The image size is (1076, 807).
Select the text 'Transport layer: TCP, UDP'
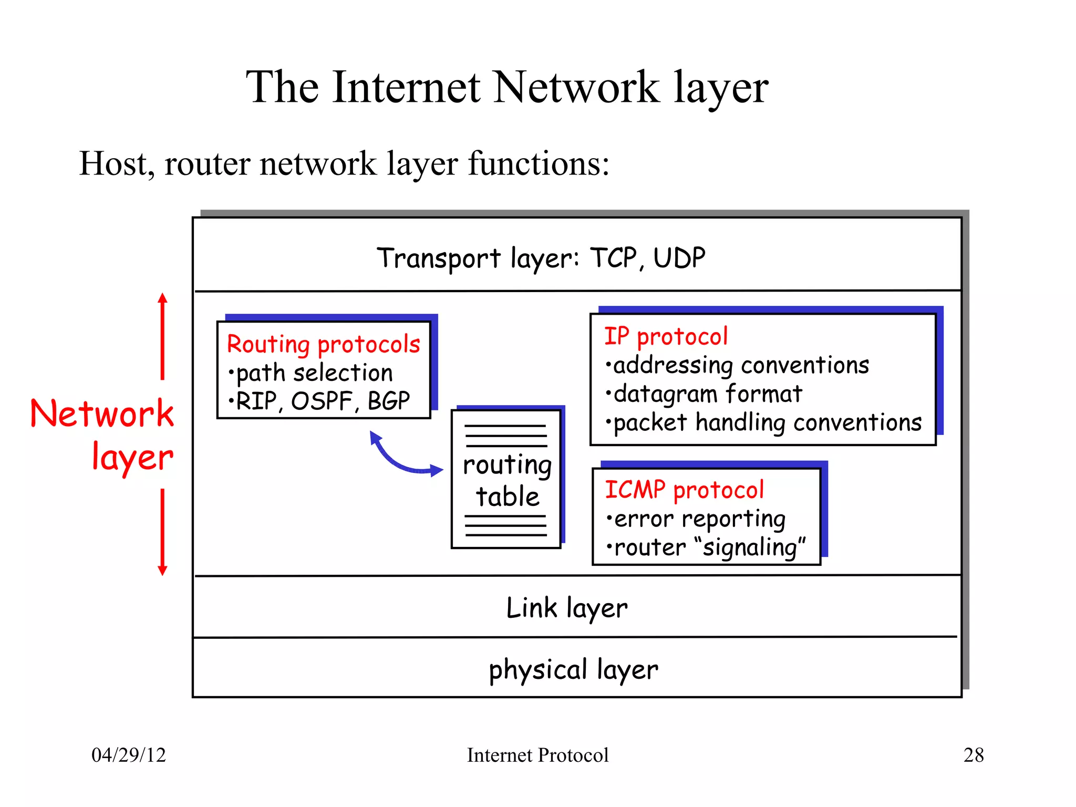pyautogui.click(x=541, y=258)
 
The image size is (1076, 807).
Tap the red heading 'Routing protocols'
pyautogui.click(x=323, y=345)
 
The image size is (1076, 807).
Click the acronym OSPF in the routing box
pyautogui.click(x=321, y=401)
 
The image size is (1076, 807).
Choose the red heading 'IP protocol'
pyautogui.click(x=666, y=337)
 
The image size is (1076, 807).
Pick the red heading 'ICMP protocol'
pyautogui.click(x=684, y=490)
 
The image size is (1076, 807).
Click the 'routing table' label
pyautogui.click(x=507, y=481)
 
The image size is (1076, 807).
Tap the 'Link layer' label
pyautogui.click(x=566, y=608)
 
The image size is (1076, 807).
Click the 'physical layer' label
pyautogui.click(x=573, y=670)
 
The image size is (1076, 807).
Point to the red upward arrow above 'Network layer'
pyautogui.click(x=163, y=336)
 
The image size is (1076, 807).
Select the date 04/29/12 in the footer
pyautogui.click(x=129, y=755)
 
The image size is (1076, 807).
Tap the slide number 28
pyautogui.click(x=973, y=755)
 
